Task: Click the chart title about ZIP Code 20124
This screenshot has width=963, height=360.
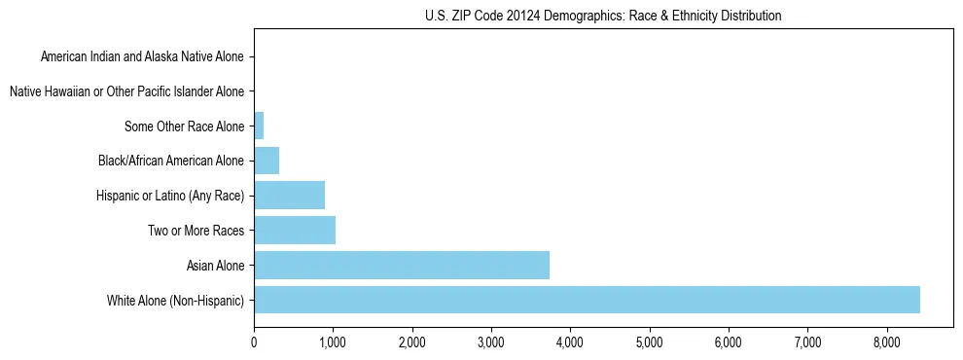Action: point(603,16)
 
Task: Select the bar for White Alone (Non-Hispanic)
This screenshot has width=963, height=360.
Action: point(587,300)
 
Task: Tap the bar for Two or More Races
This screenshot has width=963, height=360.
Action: point(295,231)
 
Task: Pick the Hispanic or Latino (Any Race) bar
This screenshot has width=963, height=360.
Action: point(289,196)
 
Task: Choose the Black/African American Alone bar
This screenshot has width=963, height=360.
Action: point(267,161)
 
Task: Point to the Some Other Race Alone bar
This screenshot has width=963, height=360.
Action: point(259,126)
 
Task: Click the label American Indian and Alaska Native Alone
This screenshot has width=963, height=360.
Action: point(143,56)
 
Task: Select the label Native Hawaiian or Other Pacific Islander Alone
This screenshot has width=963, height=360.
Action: point(126,91)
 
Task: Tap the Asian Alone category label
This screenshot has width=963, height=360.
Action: point(215,265)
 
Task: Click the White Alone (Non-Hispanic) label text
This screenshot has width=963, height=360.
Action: point(176,300)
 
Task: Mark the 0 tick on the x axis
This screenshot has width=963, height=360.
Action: point(254,342)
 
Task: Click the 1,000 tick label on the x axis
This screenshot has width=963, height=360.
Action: point(333,342)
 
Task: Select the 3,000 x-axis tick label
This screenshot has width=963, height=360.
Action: point(491,342)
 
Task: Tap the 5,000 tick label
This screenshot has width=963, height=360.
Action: point(649,342)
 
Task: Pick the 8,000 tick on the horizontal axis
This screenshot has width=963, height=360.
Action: point(886,342)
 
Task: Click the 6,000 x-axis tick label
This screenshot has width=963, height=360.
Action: point(729,342)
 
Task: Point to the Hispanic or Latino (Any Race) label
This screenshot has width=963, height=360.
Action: point(170,196)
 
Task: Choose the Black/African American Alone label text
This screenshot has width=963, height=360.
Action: point(171,161)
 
